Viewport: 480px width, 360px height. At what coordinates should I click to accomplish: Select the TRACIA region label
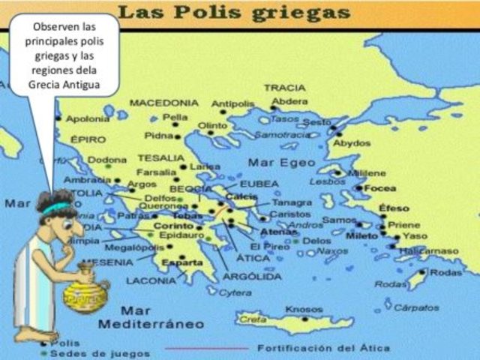(x=284, y=88)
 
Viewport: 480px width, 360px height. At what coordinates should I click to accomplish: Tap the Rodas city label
(x=446, y=272)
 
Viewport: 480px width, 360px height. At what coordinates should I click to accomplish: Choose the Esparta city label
(x=181, y=262)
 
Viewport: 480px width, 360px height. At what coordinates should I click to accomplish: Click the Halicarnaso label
(x=430, y=250)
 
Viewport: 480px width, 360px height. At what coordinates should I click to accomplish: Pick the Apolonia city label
(x=88, y=118)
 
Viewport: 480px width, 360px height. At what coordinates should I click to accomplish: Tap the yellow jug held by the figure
(x=84, y=295)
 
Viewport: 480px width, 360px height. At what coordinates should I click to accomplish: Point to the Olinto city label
(x=212, y=125)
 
